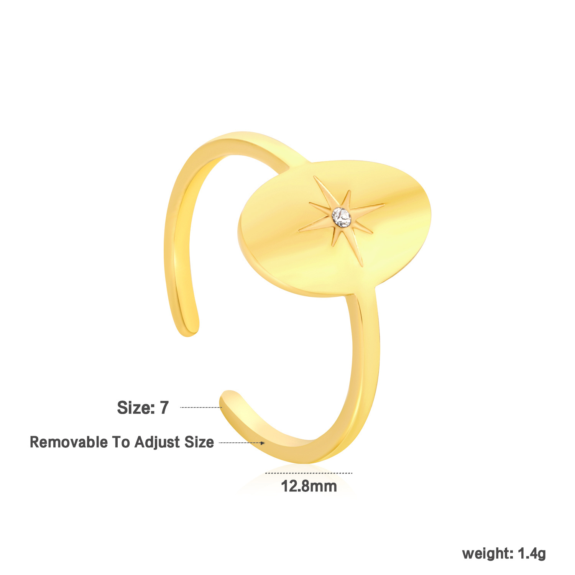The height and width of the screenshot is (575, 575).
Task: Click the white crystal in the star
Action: tap(342, 218)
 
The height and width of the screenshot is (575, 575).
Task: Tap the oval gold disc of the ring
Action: tap(334, 228)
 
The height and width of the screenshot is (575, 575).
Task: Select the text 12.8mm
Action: tap(309, 486)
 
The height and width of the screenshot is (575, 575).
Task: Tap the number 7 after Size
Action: tap(164, 407)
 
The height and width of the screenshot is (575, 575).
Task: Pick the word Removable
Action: tap(69, 442)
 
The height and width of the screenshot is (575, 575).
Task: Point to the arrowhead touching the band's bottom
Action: tap(262, 443)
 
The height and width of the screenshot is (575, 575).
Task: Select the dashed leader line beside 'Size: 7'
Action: tap(201, 407)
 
